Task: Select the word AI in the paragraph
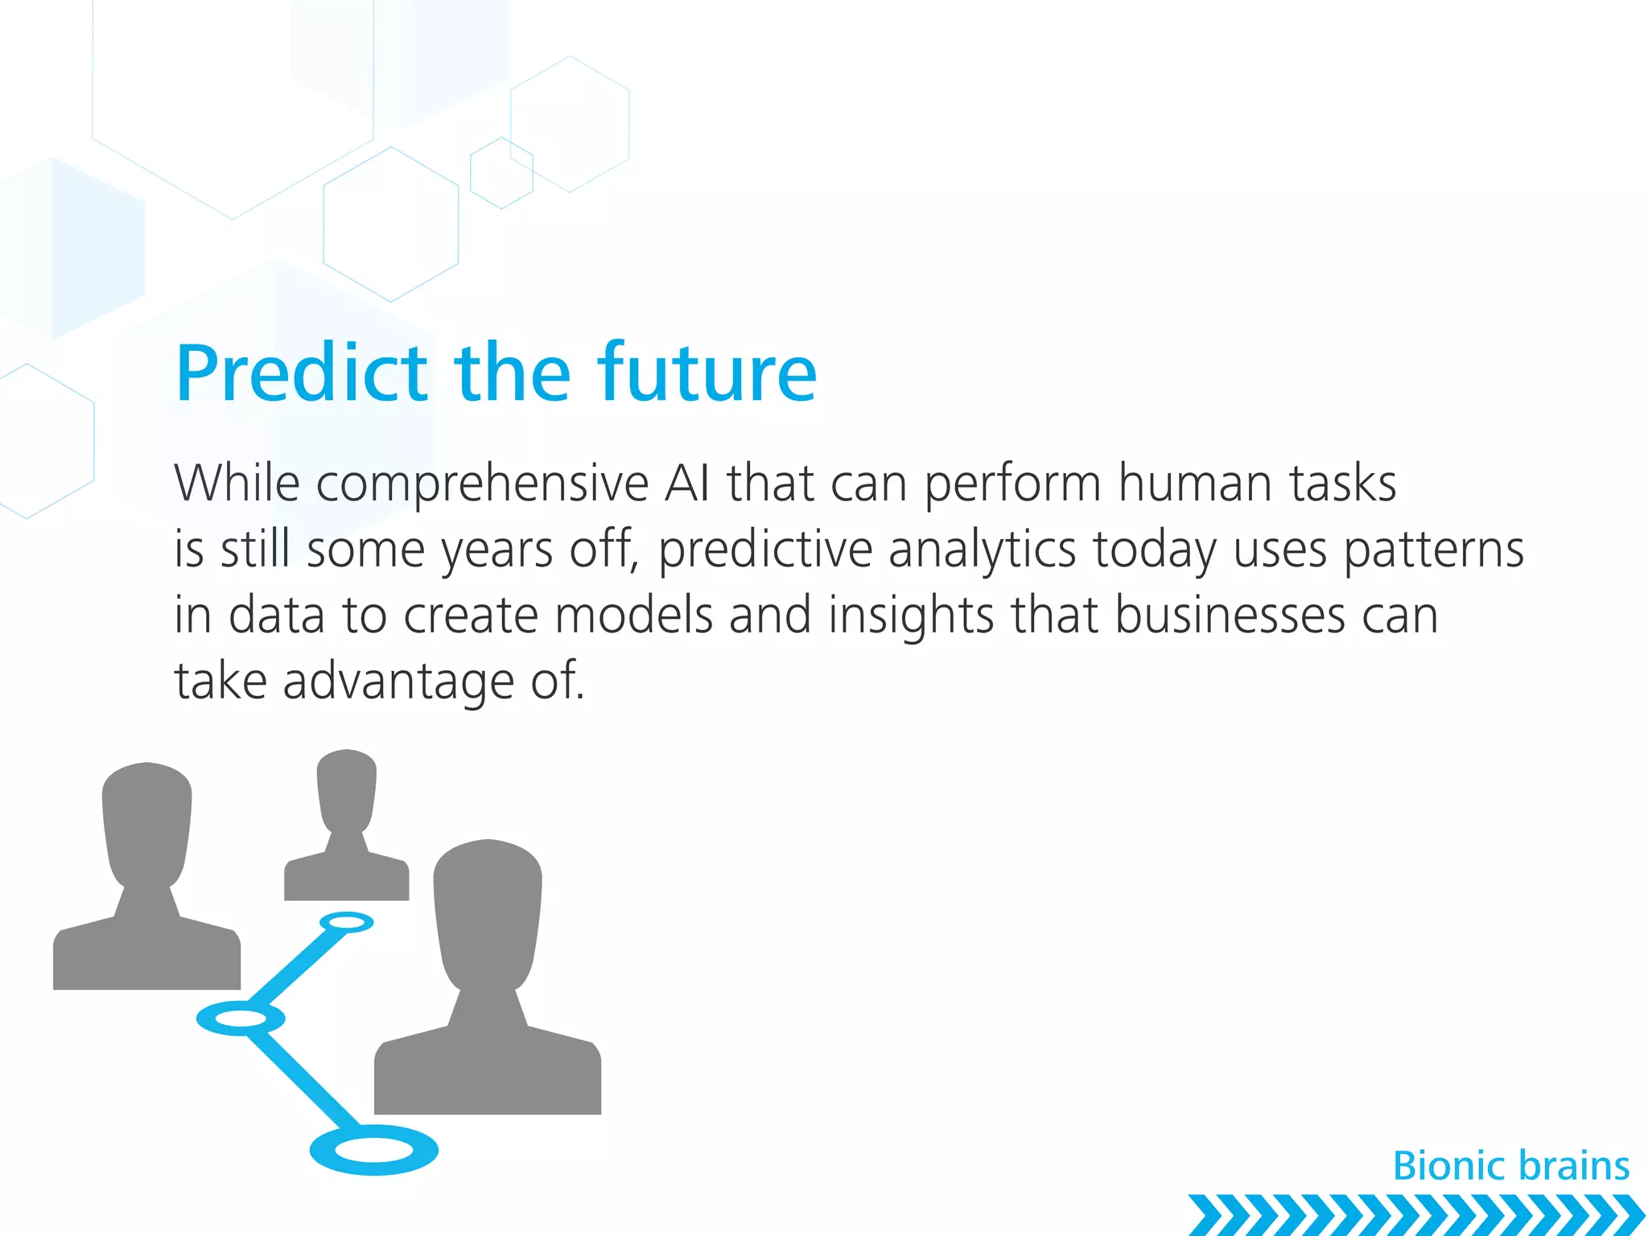coord(687,484)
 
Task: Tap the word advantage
coord(398,682)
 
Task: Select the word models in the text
coord(633,616)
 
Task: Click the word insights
coord(911,617)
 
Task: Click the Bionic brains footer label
coord(1510,1166)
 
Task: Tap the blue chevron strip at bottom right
coord(1416,1215)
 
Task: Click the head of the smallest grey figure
coord(347,789)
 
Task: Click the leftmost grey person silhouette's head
coord(147,821)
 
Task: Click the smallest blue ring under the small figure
coord(347,922)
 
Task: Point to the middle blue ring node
coord(241,1019)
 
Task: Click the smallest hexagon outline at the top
coord(501,173)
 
